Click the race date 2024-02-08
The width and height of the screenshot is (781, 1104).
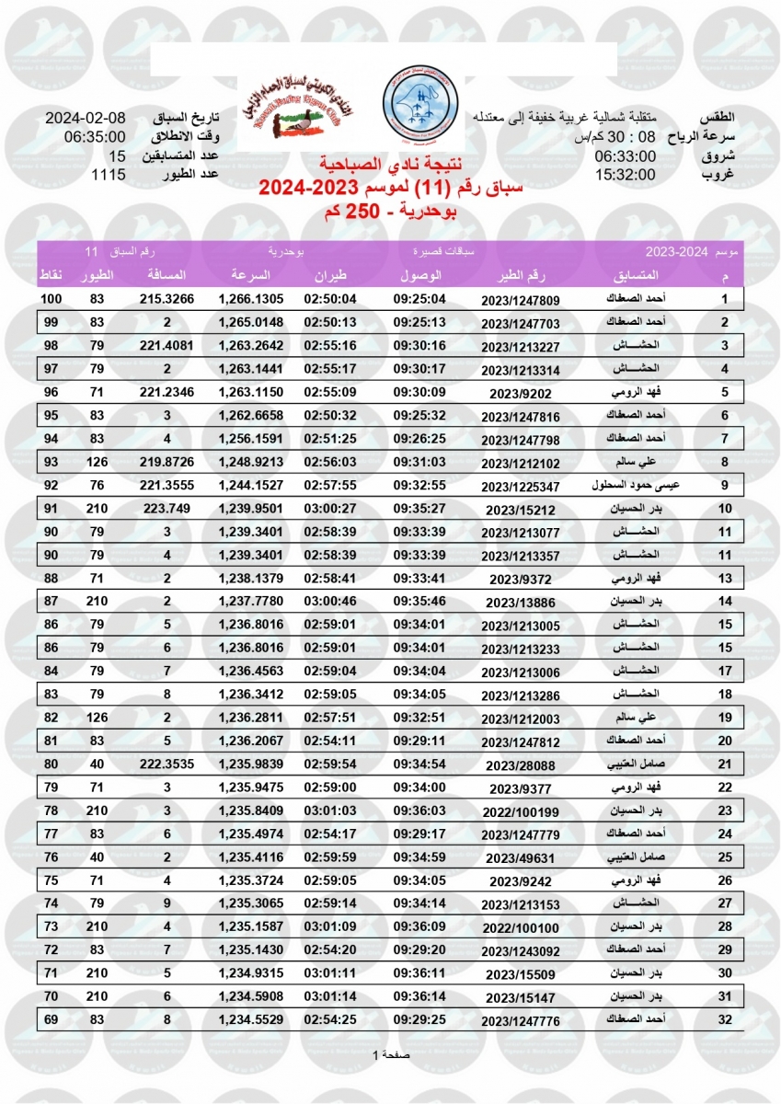pos(85,120)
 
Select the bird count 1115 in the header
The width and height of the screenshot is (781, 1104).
pos(109,174)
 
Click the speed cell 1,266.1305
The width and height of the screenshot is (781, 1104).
pos(251,300)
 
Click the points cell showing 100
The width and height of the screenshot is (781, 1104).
pos(51,300)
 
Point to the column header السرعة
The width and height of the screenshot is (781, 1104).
pos(250,275)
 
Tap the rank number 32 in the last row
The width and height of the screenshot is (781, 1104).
pos(725,1018)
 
